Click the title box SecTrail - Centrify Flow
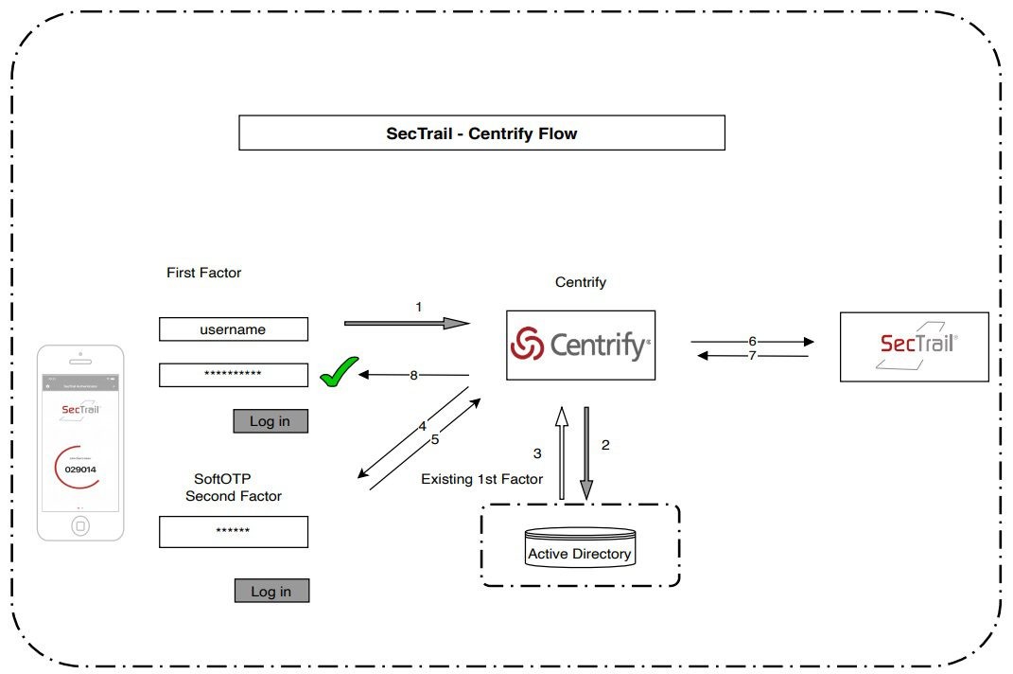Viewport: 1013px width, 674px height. (x=481, y=133)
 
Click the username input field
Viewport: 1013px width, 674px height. (x=234, y=329)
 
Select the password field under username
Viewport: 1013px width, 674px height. (x=234, y=375)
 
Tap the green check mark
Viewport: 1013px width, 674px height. (x=339, y=372)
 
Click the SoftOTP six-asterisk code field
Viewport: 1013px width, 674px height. (x=234, y=532)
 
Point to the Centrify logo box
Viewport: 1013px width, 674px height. (x=580, y=346)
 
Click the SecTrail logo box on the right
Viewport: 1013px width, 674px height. (x=914, y=346)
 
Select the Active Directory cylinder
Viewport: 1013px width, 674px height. (x=579, y=549)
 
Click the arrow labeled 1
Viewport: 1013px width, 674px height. (x=407, y=323)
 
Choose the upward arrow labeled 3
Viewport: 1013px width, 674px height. (x=561, y=452)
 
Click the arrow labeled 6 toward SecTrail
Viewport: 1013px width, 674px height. (x=752, y=341)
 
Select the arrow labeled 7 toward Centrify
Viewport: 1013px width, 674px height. (x=752, y=356)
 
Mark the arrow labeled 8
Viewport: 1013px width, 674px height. (x=414, y=376)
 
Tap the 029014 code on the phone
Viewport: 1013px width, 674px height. (x=80, y=470)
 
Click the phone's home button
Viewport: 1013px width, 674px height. (x=80, y=525)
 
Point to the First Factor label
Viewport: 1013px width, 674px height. (x=204, y=273)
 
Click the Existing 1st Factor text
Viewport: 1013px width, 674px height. (x=481, y=479)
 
